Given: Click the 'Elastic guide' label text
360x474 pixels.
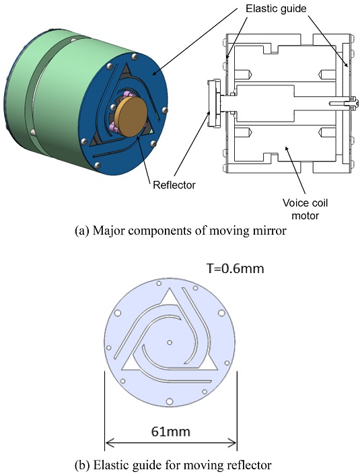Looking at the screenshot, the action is coord(276,9).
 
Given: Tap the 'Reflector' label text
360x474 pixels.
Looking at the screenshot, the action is coord(174,185).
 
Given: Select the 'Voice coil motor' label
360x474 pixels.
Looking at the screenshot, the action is coord(305,209).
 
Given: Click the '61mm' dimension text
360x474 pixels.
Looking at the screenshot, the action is coord(171,432).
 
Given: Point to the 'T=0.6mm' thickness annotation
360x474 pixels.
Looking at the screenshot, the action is coord(236,268).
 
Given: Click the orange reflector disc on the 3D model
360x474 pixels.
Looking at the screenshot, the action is coord(133,117).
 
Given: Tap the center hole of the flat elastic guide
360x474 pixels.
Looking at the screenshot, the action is coord(170,342).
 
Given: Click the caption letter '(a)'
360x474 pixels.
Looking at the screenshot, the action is coord(81,231).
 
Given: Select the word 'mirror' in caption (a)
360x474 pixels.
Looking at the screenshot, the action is coord(271,231).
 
